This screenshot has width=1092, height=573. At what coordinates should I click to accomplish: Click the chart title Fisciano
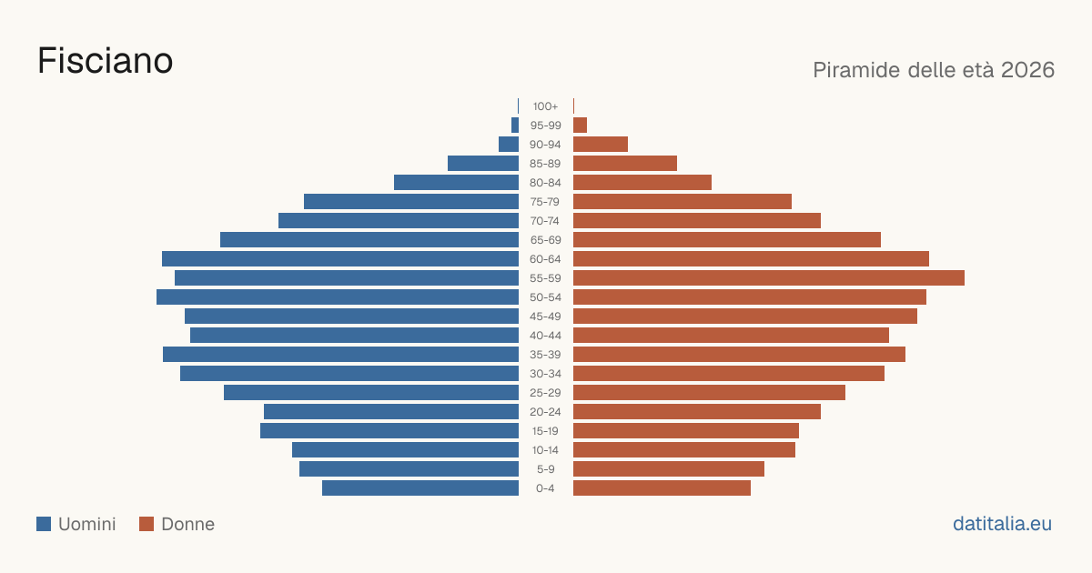(106, 61)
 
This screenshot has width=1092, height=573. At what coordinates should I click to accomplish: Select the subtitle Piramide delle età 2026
(934, 70)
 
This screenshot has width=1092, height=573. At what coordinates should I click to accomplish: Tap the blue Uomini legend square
(44, 524)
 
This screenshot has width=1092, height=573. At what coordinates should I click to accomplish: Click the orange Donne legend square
(147, 524)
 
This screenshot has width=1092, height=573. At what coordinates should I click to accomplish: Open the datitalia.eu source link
(1002, 524)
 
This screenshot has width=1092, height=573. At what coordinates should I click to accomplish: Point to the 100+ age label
(545, 106)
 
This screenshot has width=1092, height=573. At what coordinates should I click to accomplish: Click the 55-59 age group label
(545, 278)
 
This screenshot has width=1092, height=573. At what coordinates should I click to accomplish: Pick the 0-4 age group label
(545, 488)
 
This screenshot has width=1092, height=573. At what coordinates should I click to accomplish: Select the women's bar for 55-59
(769, 278)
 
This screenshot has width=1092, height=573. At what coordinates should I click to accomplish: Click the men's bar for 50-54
(338, 297)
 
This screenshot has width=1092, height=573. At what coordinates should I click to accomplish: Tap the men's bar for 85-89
(483, 163)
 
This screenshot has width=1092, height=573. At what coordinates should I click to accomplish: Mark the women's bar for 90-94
(601, 145)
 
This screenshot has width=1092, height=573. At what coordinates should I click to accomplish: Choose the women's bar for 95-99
(581, 126)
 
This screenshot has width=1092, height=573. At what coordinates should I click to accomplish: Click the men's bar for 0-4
(420, 488)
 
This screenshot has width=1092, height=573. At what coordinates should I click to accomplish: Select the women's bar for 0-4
(662, 488)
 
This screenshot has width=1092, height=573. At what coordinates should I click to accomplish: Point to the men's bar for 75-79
(411, 202)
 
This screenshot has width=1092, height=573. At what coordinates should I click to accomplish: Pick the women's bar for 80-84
(642, 183)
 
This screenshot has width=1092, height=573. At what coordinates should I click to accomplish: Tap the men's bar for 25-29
(371, 393)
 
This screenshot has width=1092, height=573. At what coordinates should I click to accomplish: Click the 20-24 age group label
(545, 412)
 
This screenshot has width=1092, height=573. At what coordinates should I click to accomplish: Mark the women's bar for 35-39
(739, 354)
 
